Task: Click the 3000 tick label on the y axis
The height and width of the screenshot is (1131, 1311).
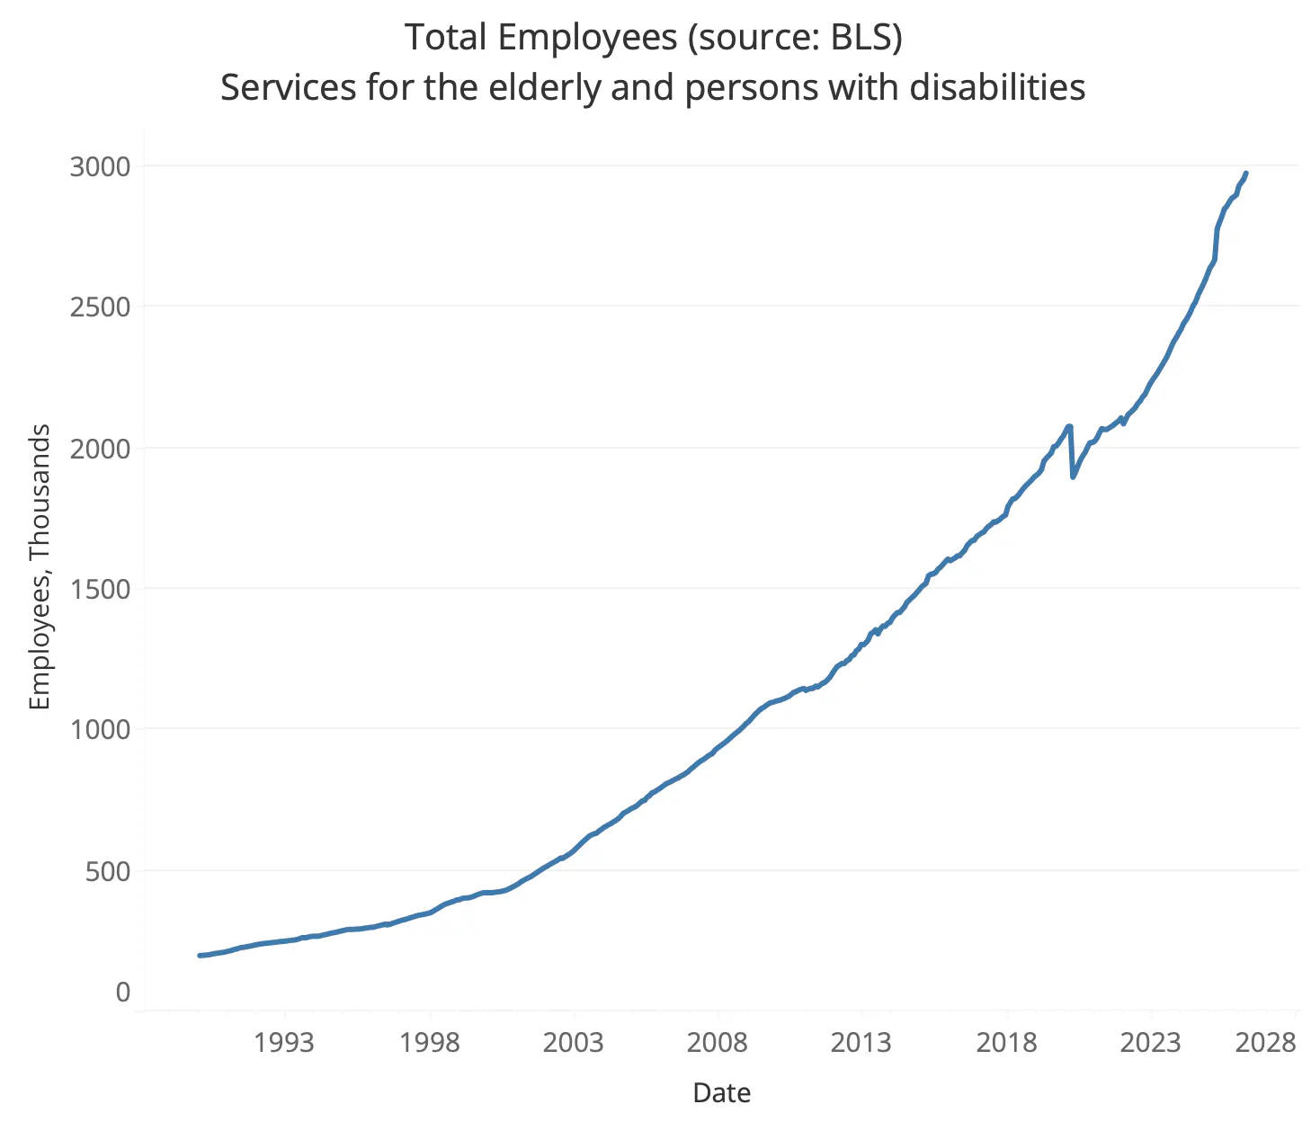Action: pyautogui.click(x=100, y=167)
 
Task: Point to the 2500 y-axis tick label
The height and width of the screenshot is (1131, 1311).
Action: pyautogui.click(x=100, y=307)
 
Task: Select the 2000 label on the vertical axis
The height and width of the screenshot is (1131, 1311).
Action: pyautogui.click(x=100, y=450)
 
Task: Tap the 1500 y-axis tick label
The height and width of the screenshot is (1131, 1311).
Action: pyautogui.click(x=100, y=589)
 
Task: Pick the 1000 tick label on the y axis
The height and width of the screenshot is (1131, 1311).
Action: pyautogui.click(x=100, y=730)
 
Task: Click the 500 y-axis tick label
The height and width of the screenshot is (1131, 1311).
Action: pyautogui.click(x=108, y=872)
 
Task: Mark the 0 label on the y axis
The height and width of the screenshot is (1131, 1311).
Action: pyautogui.click(x=123, y=992)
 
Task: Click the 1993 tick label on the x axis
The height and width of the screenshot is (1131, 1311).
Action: pyautogui.click(x=284, y=1043)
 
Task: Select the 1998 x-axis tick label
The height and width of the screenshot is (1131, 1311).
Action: pyautogui.click(x=430, y=1043)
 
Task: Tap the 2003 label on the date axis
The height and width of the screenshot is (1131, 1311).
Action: pyautogui.click(x=574, y=1043)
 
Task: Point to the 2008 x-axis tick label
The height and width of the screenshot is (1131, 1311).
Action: pyautogui.click(x=718, y=1043)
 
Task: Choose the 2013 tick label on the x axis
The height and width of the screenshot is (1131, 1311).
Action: pyautogui.click(x=861, y=1043)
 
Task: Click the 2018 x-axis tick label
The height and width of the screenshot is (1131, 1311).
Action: pyautogui.click(x=1006, y=1043)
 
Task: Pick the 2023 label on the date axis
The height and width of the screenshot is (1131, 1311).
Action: pyautogui.click(x=1151, y=1043)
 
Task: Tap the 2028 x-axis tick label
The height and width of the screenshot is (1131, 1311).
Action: pyautogui.click(x=1265, y=1043)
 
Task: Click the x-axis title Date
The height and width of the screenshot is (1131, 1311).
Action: pyautogui.click(x=722, y=1093)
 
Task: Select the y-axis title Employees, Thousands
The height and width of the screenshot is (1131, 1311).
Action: pyautogui.click(x=40, y=566)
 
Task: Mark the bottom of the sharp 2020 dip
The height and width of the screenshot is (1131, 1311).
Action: pyautogui.click(x=1073, y=477)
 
